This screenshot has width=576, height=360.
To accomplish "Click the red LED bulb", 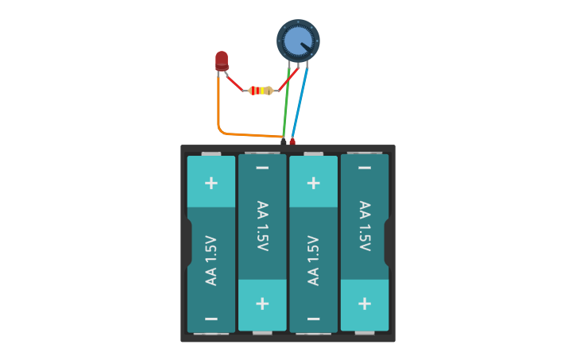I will point(222,60).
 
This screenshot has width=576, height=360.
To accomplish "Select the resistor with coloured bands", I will point(261,91).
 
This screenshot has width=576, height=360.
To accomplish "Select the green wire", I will point(287,103).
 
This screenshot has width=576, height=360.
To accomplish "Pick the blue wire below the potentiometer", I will point(300,103).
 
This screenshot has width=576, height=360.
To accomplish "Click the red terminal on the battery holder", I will point(292,142).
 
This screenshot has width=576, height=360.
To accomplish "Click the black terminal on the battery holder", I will point(284,142).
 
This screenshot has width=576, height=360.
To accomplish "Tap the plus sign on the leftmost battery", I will point(211,183).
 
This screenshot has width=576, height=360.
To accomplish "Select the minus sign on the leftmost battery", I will point(211,319).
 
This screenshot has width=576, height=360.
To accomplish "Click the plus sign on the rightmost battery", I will point(365,304).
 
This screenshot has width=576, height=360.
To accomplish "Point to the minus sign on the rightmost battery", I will point(365,168).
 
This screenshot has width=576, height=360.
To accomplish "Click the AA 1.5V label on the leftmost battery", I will point(211,260).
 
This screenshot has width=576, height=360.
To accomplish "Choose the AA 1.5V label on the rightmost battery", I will point(365,226).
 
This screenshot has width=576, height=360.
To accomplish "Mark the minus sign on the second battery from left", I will point(262,168).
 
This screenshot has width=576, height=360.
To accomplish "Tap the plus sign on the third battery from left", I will point(313,183).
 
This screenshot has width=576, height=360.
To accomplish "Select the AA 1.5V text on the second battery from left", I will point(262,226).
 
